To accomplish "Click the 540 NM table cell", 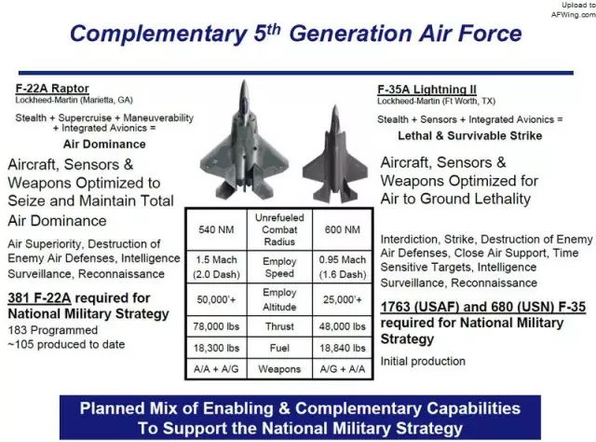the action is [x=216, y=229].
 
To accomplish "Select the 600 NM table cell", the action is [x=343, y=229].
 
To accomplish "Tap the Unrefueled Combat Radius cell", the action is [x=279, y=229].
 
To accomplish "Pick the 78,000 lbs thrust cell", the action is [x=216, y=326].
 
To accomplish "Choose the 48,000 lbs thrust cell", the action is [x=343, y=326].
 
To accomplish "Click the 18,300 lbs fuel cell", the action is [x=216, y=348].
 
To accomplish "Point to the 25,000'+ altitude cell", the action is [x=343, y=299].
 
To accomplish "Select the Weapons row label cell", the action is [x=279, y=369].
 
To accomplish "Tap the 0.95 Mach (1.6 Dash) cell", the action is [x=343, y=267].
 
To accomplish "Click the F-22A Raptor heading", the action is [x=52, y=89].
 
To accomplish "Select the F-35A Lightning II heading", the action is [x=427, y=90].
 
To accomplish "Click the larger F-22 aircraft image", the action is [x=244, y=139].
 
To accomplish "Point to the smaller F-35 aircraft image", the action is [x=335, y=154].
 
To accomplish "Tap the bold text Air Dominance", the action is [x=104, y=145].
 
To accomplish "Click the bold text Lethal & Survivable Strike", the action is [x=469, y=136].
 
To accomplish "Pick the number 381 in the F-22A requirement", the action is [x=20, y=297].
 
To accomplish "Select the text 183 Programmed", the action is [x=53, y=330].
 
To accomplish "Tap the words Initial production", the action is [x=423, y=361].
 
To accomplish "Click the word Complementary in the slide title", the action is [x=159, y=35].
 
